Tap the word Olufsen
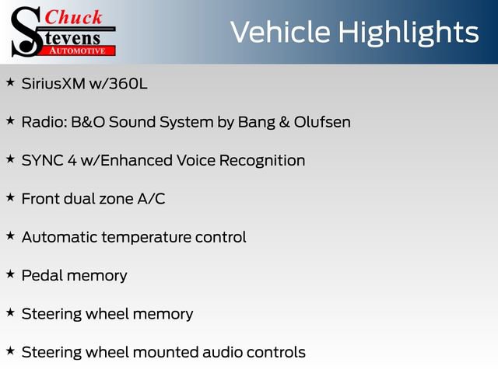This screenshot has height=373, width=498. pos(320,122)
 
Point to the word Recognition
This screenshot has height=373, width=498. pos(261,160)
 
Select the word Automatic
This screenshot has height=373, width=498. pos(58,237)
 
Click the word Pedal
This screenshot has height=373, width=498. pos(41,276)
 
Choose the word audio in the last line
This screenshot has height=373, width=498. pos(224,352)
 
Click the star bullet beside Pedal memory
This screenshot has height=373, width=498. pos(10,274)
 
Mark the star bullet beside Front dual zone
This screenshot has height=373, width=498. pos(10,197)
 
